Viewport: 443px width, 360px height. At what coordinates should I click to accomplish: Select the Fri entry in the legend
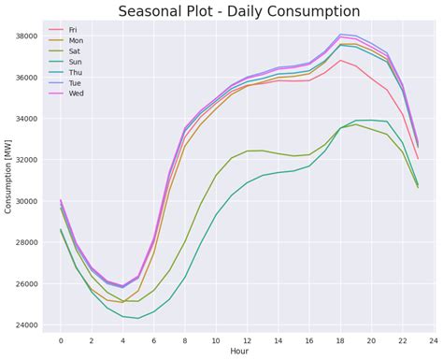pos(73,30)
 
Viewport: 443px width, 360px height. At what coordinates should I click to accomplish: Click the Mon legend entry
pos(74,41)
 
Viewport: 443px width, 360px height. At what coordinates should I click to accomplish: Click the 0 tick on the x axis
pos(61,340)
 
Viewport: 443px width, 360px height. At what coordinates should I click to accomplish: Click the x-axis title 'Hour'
pos(239,353)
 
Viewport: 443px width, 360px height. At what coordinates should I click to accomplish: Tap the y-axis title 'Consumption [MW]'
pos(8,180)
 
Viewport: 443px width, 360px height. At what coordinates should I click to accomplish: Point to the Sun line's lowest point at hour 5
pos(138,318)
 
